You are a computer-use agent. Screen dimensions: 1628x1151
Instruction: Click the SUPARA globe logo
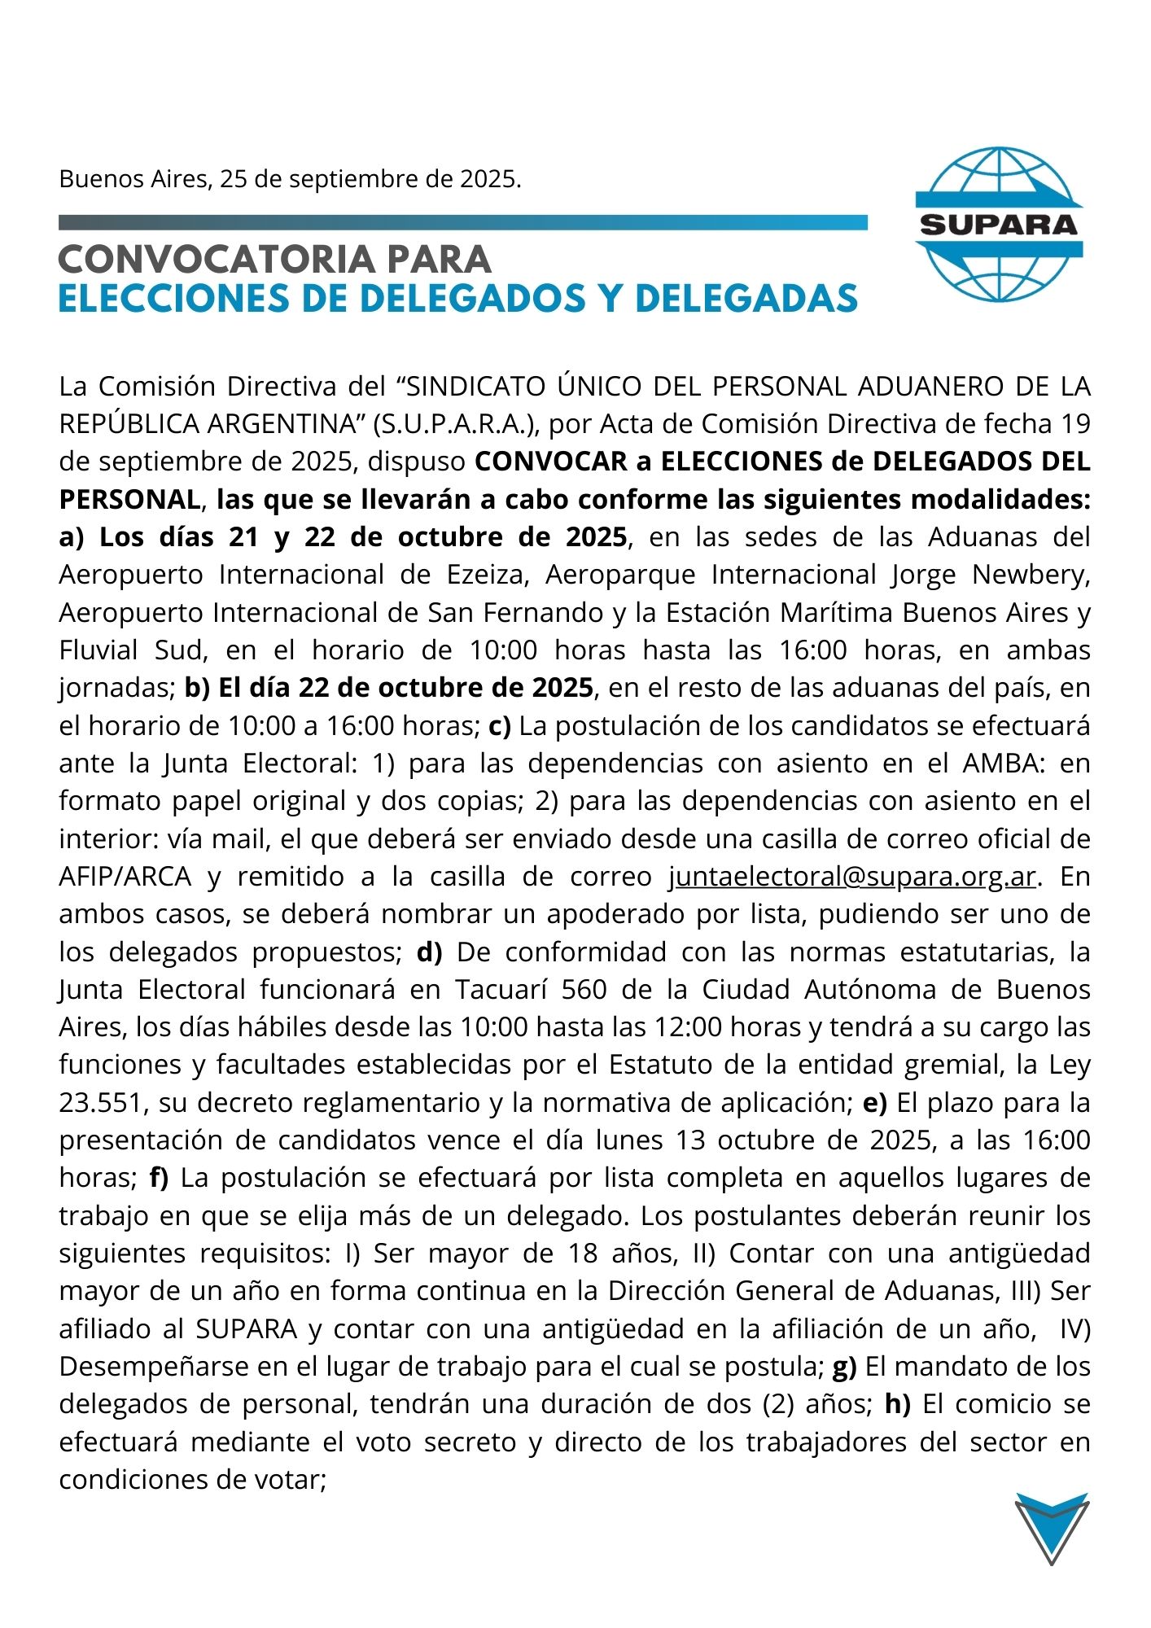click(x=999, y=224)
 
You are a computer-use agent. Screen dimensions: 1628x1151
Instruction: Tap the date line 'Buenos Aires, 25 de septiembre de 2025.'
click(x=290, y=178)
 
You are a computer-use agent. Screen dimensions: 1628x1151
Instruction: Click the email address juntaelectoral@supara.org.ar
click(x=853, y=877)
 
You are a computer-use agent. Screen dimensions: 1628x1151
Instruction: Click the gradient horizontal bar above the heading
click(x=462, y=222)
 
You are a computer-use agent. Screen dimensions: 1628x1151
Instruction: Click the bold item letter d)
click(x=429, y=952)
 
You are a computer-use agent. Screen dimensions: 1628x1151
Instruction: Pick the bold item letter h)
click(x=897, y=1404)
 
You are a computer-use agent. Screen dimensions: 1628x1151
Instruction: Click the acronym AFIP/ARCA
click(x=125, y=877)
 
